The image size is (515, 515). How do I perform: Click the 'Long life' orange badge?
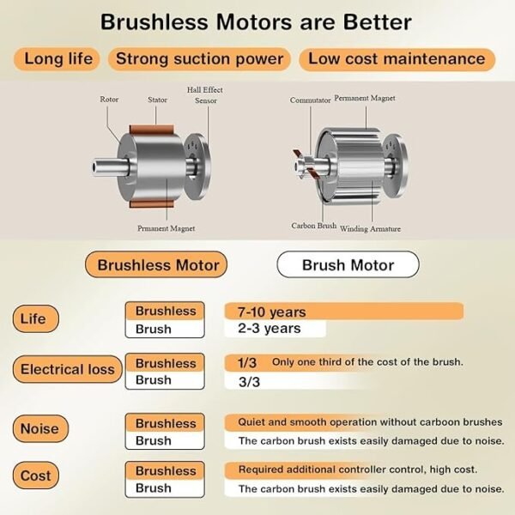pyautogui.click(x=57, y=59)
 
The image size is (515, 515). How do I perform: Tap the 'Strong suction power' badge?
pyautogui.click(x=199, y=59)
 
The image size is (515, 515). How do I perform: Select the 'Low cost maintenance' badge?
pyautogui.click(x=397, y=59)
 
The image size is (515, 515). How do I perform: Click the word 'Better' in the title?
pyautogui.click(x=378, y=22)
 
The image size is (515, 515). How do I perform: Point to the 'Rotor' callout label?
pyautogui.click(x=109, y=100)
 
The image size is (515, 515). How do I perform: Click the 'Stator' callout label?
pyautogui.click(x=157, y=100)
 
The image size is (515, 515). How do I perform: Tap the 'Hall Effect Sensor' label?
pyautogui.click(x=205, y=95)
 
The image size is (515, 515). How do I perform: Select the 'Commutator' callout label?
pyautogui.click(x=310, y=100)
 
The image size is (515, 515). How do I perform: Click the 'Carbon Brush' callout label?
pyautogui.click(x=314, y=226)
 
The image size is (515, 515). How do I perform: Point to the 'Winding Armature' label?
pyautogui.click(x=370, y=228)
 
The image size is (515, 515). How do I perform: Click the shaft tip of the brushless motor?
pyautogui.click(x=94, y=167)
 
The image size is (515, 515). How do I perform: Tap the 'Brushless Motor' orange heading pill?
pyautogui.click(x=156, y=264)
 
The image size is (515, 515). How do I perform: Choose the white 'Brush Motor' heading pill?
pyautogui.click(x=348, y=264)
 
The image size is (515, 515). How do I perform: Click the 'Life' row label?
pyautogui.click(x=36, y=318)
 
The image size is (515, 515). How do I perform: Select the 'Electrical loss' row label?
pyautogui.click(x=67, y=369)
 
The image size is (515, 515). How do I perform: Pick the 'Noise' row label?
pyautogui.click(x=40, y=428)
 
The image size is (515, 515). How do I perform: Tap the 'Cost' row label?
pyautogui.click(x=36, y=476)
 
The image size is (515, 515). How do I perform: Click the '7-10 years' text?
pyautogui.click(x=271, y=312)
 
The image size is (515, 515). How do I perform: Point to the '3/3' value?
pyautogui.click(x=249, y=382)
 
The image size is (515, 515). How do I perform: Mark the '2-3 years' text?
pyautogui.click(x=270, y=329)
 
